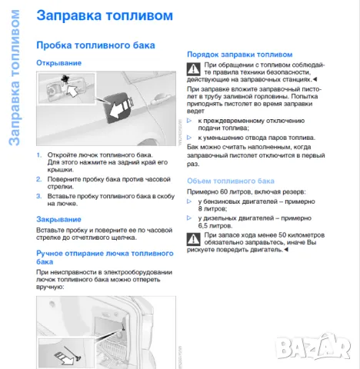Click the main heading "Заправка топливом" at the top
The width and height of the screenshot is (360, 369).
pos(95,15)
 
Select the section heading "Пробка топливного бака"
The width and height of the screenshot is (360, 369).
pos(95,45)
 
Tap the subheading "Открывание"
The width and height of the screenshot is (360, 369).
pos(58,62)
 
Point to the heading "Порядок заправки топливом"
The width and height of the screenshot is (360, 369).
pos(240,55)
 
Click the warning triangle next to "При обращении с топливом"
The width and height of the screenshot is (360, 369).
pos(194,71)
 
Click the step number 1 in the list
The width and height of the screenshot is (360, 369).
pos(39,155)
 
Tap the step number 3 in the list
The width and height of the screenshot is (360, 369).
pos(39,196)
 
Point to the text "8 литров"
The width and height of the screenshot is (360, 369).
pos(212,208)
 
